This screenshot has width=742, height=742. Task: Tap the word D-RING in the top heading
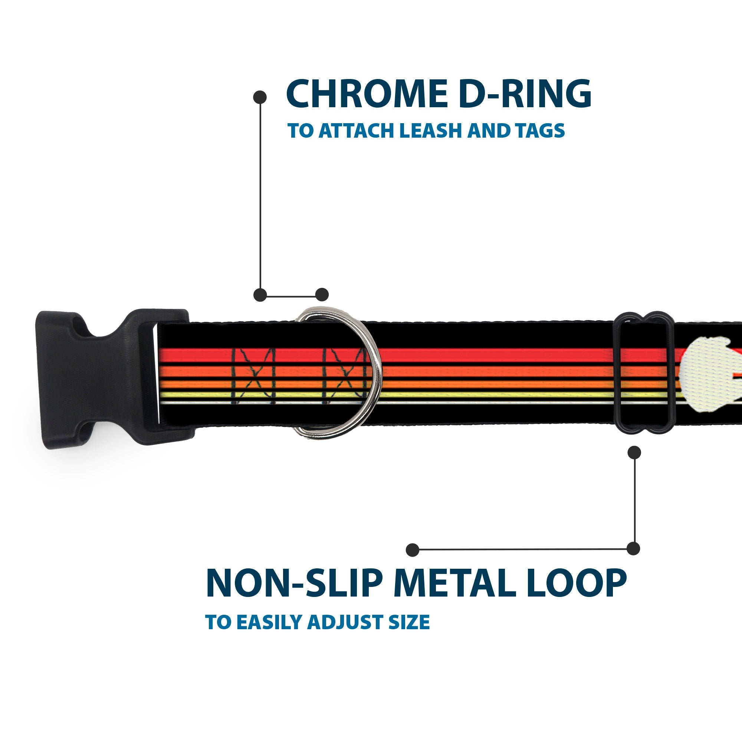[525, 94]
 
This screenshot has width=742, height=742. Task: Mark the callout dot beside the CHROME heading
[260, 97]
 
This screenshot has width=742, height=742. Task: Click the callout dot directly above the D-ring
[322, 295]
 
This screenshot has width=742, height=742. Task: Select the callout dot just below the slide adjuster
[634, 452]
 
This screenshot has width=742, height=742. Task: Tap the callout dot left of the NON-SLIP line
[413, 549]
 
